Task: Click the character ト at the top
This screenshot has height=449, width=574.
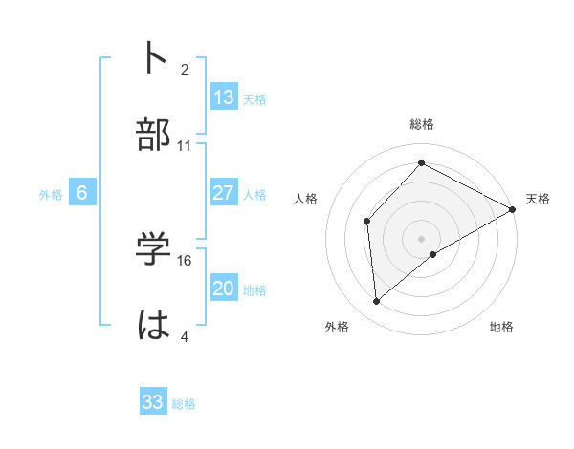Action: click(x=154, y=57)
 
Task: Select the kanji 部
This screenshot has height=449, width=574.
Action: click(x=154, y=134)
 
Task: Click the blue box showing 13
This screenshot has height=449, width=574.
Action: click(x=224, y=97)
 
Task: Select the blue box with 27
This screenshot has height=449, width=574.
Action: click(x=224, y=193)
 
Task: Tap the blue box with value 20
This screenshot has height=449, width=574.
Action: click(x=224, y=289)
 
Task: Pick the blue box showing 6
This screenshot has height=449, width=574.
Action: click(x=82, y=193)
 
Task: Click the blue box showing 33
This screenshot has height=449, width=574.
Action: click(x=153, y=402)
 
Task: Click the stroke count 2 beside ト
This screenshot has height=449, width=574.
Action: click(x=185, y=69)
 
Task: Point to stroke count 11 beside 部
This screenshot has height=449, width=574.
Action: click(x=185, y=146)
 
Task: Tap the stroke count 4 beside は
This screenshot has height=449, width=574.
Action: click(x=185, y=336)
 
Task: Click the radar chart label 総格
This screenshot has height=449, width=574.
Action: click(x=421, y=124)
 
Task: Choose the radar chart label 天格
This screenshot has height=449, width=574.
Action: click(x=538, y=199)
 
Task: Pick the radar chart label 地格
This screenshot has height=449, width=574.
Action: click(x=501, y=327)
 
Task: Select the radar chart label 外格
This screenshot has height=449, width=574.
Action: click(x=337, y=327)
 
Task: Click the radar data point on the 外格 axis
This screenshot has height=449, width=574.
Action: click(x=377, y=302)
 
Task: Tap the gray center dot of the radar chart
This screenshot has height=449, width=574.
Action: click(x=421, y=238)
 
